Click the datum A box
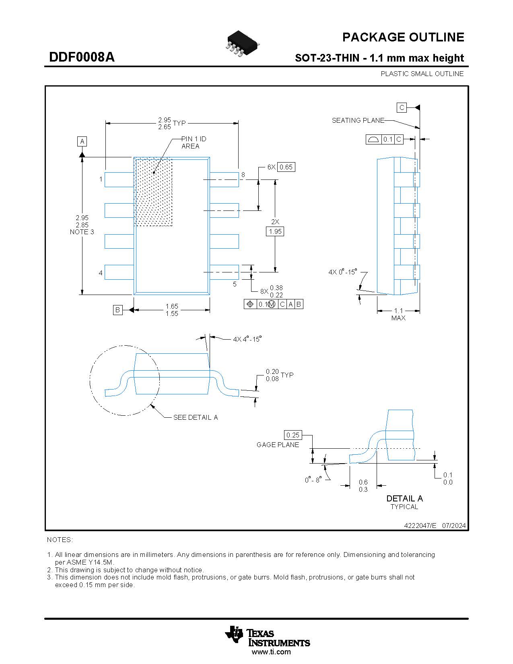point(82,142)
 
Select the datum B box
point(117,310)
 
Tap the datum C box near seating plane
point(402,107)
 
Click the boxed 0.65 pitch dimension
point(286,167)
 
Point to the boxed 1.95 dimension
point(275,231)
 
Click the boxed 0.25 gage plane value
point(293,435)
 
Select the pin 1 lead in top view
point(119,179)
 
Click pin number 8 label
point(243,175)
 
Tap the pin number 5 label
point(235,284)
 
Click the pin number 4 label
point(101,273)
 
